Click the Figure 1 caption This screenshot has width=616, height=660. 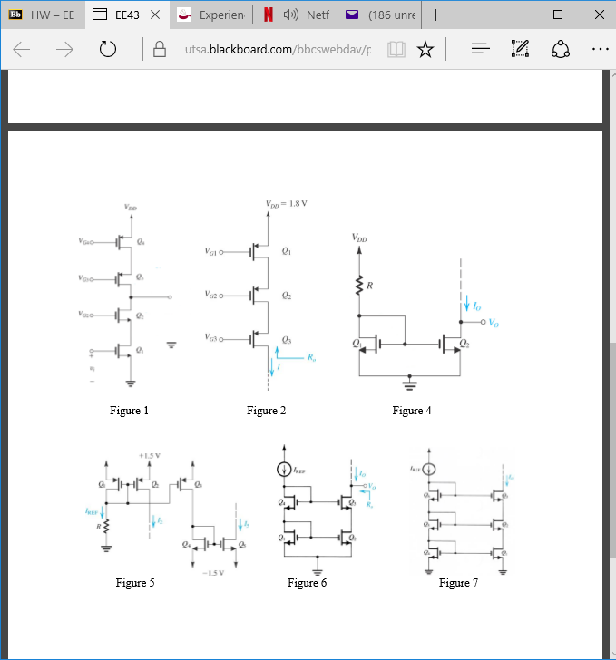[130, 411]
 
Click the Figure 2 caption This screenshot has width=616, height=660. [267, 411]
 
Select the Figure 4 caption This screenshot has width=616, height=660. [412, 411]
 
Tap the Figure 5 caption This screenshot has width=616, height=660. [135, 583]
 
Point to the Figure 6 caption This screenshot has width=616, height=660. [307, 583]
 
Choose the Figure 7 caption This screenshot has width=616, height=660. [458, 583]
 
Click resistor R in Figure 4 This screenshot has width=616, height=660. [360, 286]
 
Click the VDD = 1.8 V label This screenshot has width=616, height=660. [288, 203]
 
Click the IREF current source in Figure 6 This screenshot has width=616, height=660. [286, 470]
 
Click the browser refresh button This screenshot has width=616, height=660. [108, 50]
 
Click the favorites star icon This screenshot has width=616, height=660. [425, 50]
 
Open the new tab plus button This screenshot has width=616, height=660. [436, 15]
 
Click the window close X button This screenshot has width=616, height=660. [595, 15]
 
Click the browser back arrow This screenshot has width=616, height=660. [23, 50]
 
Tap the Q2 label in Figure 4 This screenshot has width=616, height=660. [464, 343]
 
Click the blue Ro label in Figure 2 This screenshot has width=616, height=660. [311, 357]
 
